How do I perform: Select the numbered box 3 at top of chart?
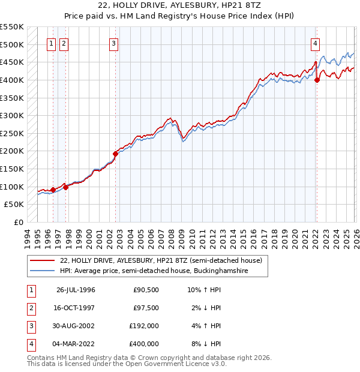coord(113,43)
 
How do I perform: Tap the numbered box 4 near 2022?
coord(315,43)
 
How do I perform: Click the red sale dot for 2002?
coord(116,154)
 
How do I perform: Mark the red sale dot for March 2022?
coord(317,80)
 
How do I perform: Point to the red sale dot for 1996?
coord(53,190)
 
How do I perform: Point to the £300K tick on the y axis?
coord(12,115)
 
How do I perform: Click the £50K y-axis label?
coord(14,205)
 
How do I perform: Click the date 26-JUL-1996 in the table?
coord(75,290)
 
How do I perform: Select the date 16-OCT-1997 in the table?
coord(75,308)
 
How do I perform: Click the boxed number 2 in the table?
coord(29,308)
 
